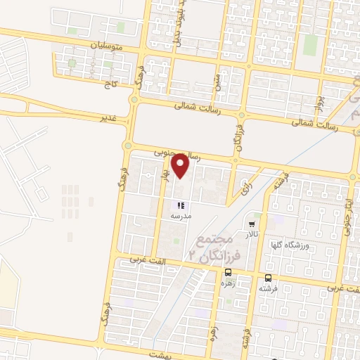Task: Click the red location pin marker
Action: (181, 166)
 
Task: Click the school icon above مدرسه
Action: (181, 206)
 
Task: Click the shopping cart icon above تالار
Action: (252, 224)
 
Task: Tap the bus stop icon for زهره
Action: (228, 273)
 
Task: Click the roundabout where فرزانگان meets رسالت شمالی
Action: (242, 115)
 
